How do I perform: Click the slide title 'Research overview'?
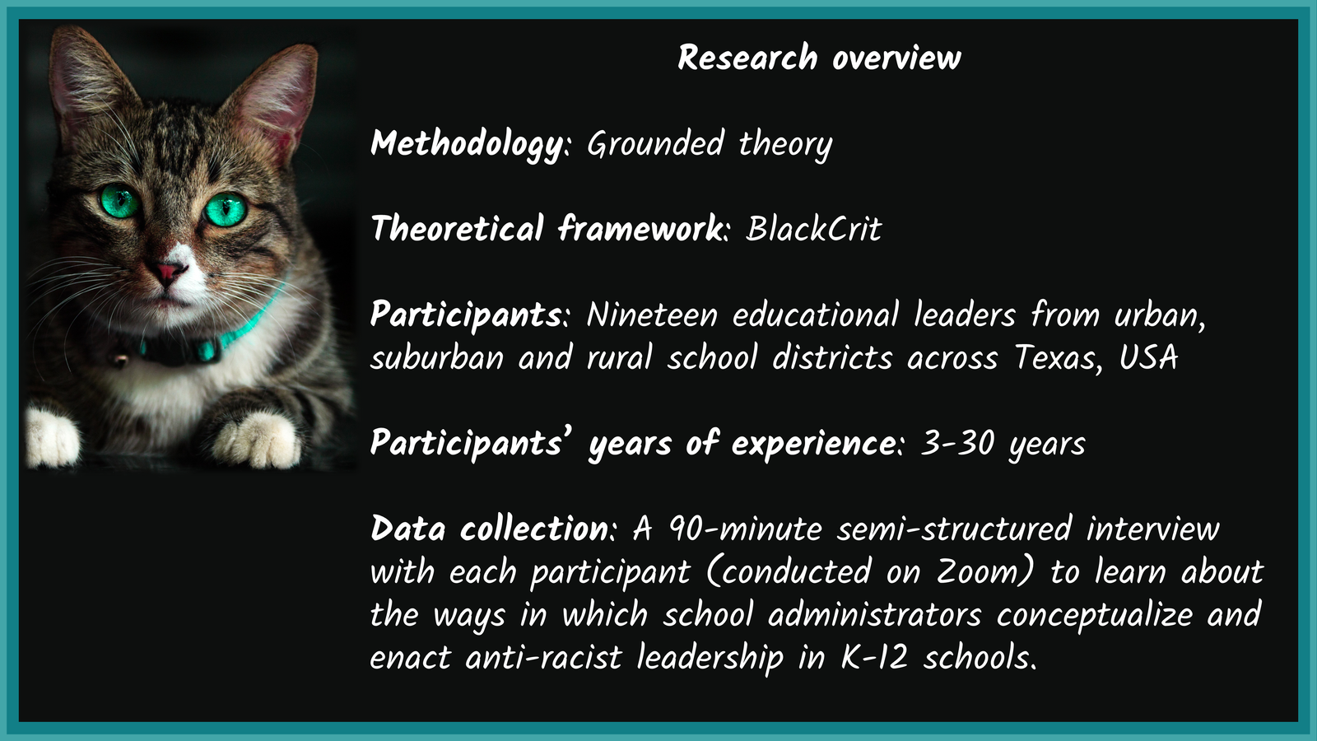click(819, 58)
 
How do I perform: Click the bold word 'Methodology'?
click(467, 144)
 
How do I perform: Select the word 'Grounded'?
click(655, 143)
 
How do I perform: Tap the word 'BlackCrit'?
click(814, 229)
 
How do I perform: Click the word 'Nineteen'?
click(652, 315)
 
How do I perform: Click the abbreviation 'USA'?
click(1148, 357)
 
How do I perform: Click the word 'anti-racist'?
click(544, 657)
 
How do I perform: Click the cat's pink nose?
click(167, 273)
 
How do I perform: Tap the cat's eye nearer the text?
click(226, 210)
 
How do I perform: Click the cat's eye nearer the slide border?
click(120, 201)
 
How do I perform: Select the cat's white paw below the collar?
click(256, 440)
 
